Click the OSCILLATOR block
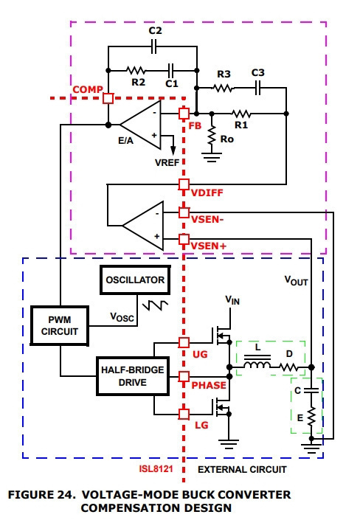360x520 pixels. click(135, 280)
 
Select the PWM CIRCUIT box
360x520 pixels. click(60, 326)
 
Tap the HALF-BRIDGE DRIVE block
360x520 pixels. click(133, 376)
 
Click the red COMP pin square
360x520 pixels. click(108, 98)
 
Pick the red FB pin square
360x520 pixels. click(184, 114)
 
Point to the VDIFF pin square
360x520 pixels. click(184, 184)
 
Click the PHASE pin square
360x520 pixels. click(184, 376)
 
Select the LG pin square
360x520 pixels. click(184, 415)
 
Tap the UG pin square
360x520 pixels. click(184, 342)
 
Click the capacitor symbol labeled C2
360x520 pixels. click(153, 46)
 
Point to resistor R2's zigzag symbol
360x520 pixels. click(136, 70)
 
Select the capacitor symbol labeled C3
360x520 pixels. click(257, 88)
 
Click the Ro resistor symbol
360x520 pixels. click(212, 135)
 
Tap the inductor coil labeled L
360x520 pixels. click(257, 365)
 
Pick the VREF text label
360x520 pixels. click(167, 163)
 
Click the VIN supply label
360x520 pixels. click(232, 300)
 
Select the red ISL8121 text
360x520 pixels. click(156, 469)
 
